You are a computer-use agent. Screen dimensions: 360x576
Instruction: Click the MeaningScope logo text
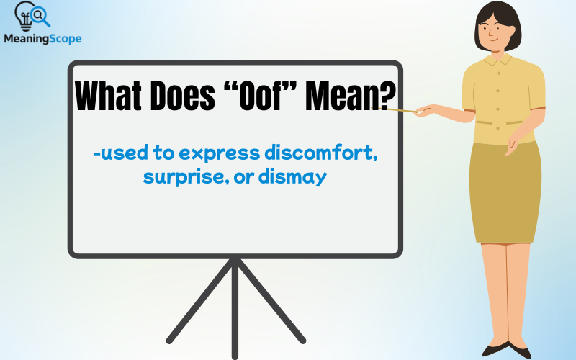coord(42,39)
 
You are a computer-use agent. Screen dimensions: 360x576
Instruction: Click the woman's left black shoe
coord(496,351)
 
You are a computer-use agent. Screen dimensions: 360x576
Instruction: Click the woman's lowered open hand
coord(513,148)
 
